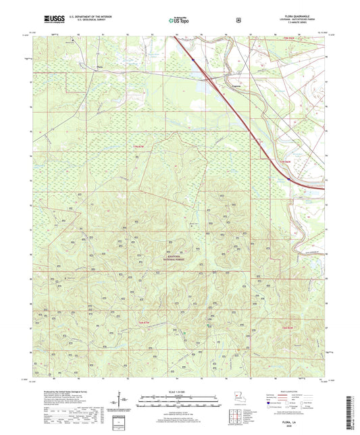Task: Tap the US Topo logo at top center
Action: tap(179, 20)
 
